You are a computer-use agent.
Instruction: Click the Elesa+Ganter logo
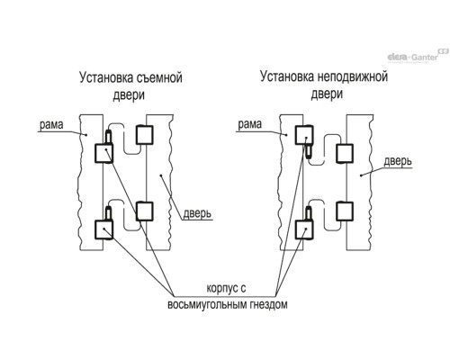click(418, 56)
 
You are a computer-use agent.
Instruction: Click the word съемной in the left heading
click(159, 77)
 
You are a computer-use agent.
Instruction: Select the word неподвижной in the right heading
click(352, 76)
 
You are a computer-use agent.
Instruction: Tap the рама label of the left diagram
click(51, 124)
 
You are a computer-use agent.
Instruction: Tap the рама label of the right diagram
click(249, 124)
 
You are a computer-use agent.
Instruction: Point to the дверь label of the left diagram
click(197, 213)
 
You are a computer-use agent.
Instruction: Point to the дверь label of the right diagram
click(398, 161)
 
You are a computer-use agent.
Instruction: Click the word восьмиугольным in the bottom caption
click(207, 304)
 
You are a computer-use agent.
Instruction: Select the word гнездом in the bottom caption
click(268, 304)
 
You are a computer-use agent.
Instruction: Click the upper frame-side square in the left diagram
click(103, 153)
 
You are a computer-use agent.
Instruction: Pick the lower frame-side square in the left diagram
click(103, 229)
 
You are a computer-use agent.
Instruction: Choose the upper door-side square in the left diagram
click(145, 135)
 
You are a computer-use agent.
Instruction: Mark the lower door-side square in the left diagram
click(145, 211)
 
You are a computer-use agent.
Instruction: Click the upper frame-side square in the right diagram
click(304, 135)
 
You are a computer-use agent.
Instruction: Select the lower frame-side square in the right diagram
click(304, 229)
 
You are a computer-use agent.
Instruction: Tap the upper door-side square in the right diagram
click(345, 154)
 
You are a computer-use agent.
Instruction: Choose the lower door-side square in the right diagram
click(345, 211)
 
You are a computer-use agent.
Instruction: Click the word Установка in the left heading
click(106, 77)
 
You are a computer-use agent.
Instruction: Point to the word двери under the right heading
click(327, 94)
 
